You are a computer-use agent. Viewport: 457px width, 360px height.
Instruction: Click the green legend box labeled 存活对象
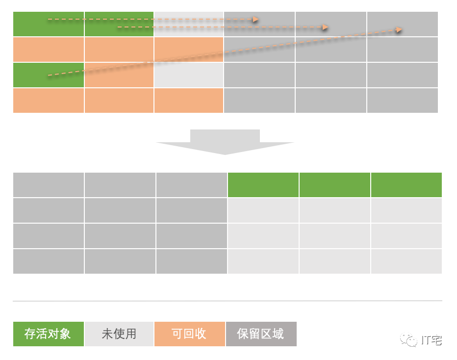pos(48,334)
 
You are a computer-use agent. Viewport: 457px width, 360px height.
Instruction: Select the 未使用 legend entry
pos(119,334)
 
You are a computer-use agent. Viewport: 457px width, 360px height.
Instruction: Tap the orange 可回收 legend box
pos(189,334)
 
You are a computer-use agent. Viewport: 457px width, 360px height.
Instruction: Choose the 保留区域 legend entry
pos(261,334)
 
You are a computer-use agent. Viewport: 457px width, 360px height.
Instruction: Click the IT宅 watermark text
pos(432,340)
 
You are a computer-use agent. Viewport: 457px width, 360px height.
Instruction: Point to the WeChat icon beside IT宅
pos(409,339)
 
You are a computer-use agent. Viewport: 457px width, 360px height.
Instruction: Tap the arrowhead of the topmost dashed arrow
pos(255,19)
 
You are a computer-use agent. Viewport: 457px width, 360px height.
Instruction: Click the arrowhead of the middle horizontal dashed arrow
pos(325,27)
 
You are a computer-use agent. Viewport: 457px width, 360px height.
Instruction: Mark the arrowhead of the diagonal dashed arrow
pos(399,29)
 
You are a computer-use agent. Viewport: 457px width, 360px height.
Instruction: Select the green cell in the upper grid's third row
pos(48,75)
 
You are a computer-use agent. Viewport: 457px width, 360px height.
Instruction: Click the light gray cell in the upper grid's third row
pos(189,75)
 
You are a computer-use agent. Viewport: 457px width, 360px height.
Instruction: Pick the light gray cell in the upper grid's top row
pos(189,24)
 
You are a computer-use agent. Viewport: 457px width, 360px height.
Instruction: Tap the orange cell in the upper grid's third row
pos(119,75)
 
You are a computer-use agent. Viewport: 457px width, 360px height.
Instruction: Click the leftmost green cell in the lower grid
pos(263,185)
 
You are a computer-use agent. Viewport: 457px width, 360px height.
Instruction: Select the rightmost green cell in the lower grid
pos(406,185)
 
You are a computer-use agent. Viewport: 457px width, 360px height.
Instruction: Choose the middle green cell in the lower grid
pos(335,185)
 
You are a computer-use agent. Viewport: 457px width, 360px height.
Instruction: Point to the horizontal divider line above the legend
pos(228,301)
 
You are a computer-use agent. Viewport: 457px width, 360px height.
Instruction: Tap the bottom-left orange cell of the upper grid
pos(48,101)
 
